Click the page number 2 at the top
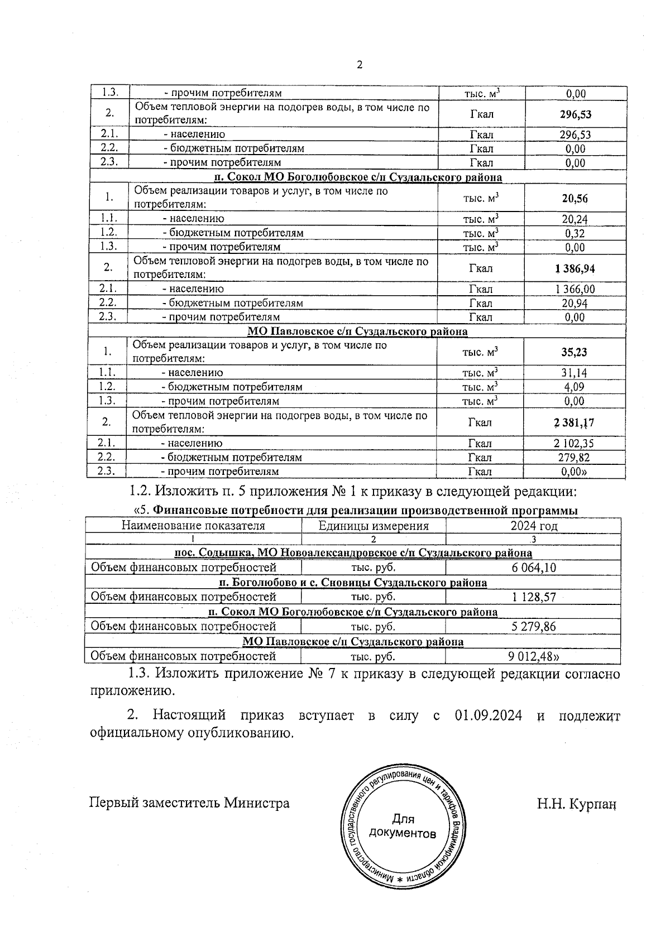click(x=360, y=65)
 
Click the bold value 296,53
click(x=575, y=115)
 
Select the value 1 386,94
click(x=575, y=269)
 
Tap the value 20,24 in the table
click(x=575, y=219)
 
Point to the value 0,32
click(x=575, y=233)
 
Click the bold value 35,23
click(x=574, y=353)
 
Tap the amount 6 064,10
click(x=533, y=568)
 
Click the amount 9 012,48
click(x=535, y=656)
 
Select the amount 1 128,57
click(x=533, y=597)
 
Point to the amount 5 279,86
click(x=533, y=627)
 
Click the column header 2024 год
click(x=533, y=526)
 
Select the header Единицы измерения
click(x=373, y=526)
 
